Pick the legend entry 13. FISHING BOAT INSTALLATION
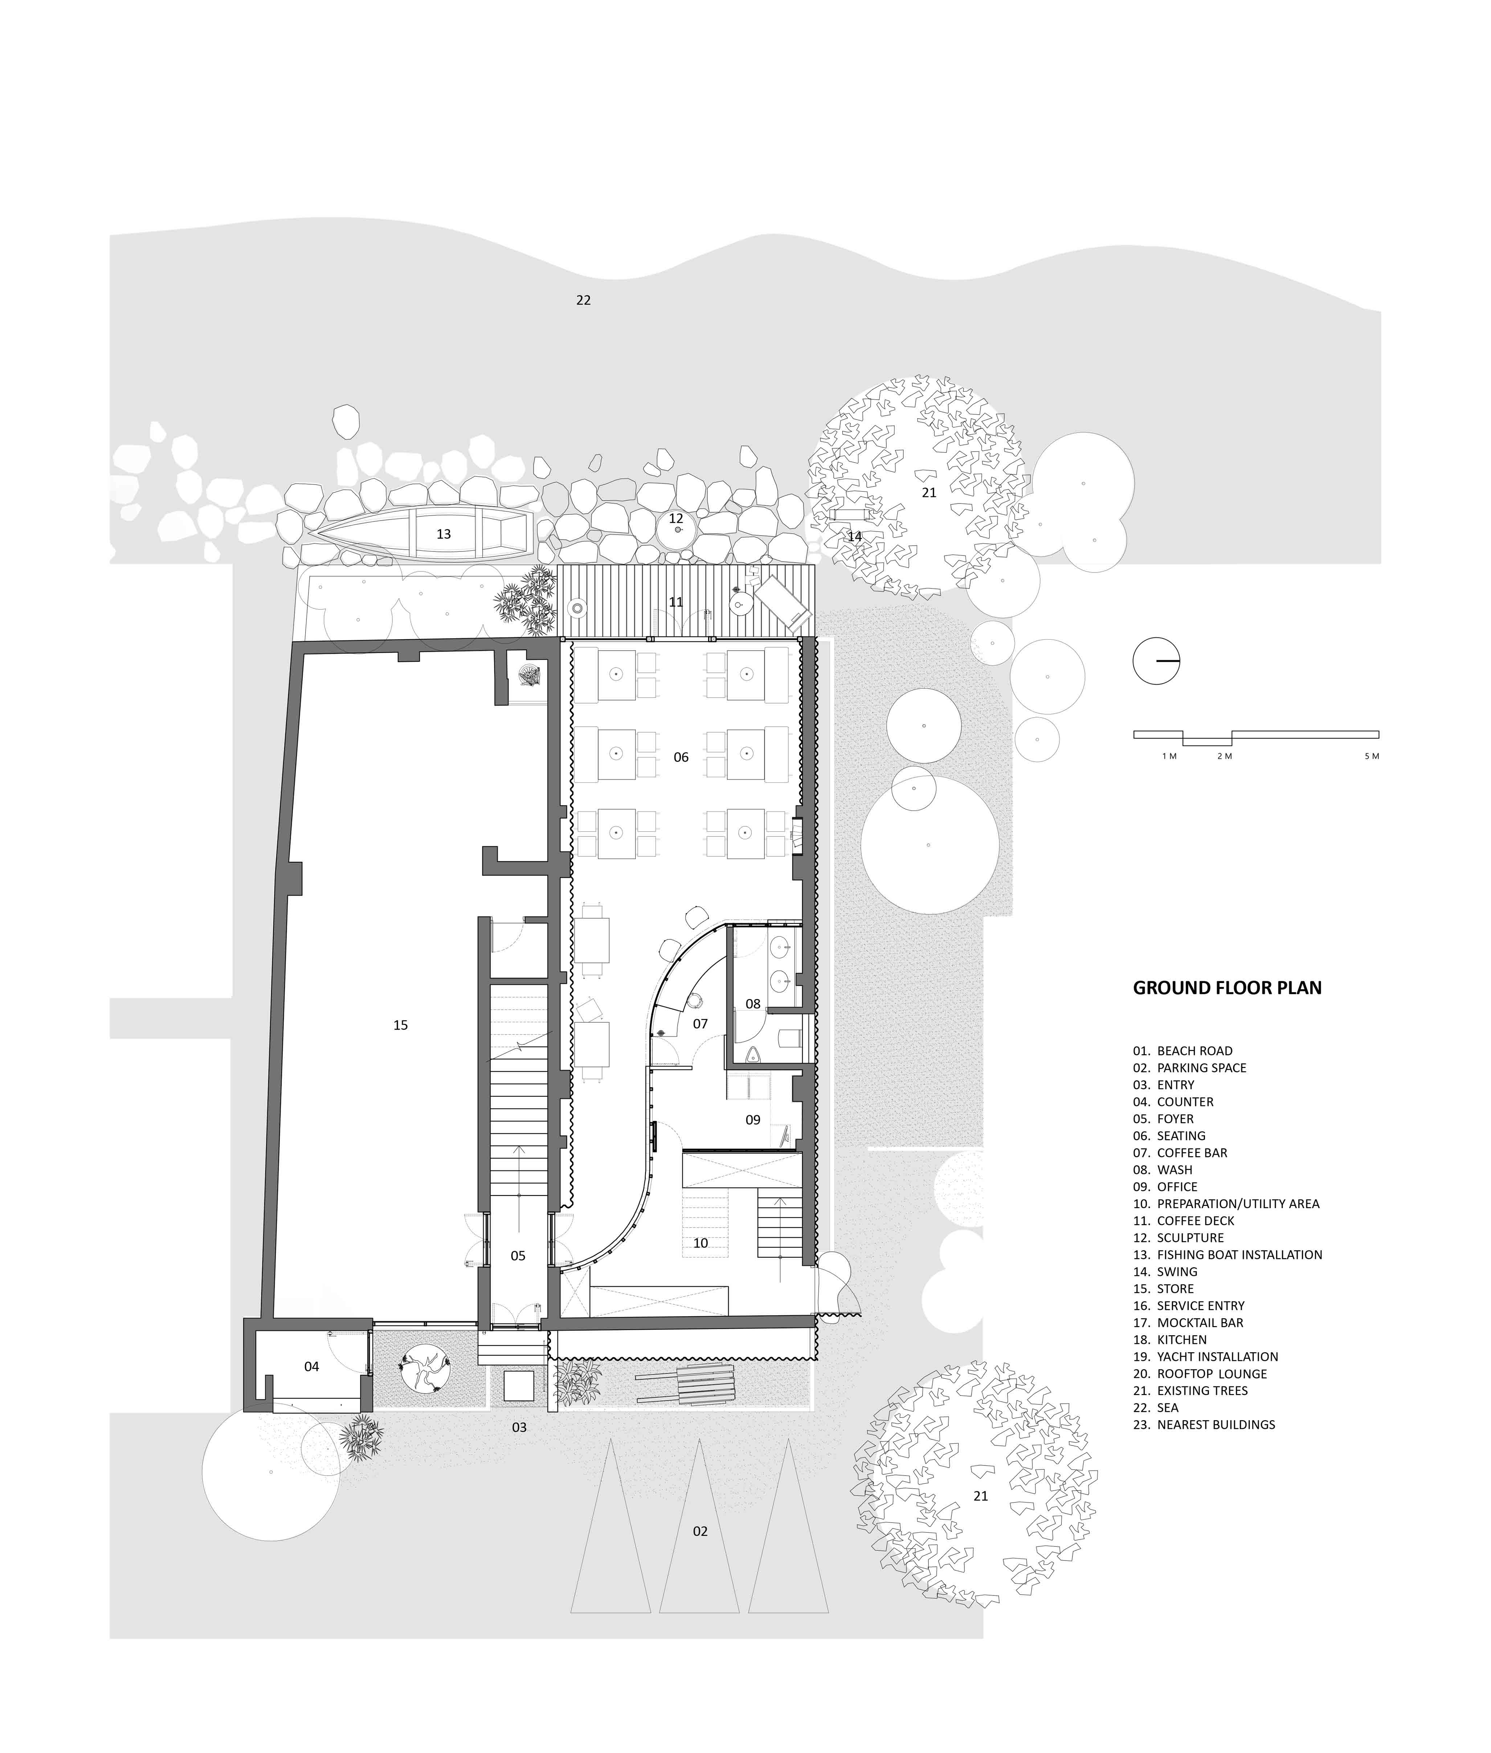coord(1227,1254)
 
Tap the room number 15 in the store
coord(401,1025)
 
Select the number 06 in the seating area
coord(681,757)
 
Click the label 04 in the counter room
coord(312,1367)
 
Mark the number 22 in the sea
coord(583,300)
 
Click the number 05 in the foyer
coord(518,1256)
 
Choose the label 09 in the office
coord(753,1120)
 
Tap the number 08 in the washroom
coord(753,1004)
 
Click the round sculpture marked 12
coord(677,530)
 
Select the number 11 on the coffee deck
coord(675,602)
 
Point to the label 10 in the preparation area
coord(701,1243)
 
